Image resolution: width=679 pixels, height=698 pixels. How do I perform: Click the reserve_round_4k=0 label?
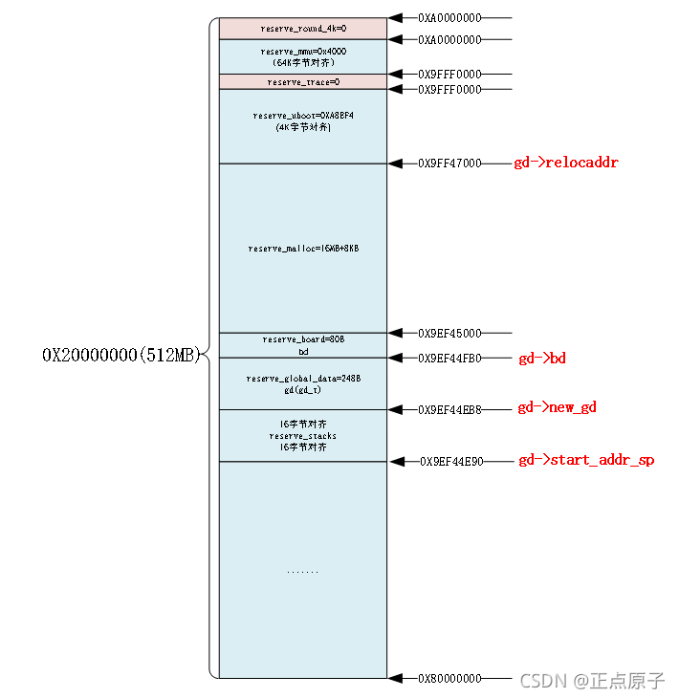(303, 29)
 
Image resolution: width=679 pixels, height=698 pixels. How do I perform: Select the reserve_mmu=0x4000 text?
(303, 51)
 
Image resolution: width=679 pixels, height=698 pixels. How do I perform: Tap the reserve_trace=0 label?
(303, 82)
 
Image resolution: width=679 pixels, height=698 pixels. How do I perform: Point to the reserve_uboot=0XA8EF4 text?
(303, 116)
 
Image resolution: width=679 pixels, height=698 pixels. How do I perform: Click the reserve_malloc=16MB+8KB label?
(303, 249)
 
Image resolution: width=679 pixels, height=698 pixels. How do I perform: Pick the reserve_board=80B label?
(303, 339)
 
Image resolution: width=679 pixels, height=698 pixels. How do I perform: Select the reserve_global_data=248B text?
(303, 379)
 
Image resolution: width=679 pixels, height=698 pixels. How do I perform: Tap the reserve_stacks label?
(303, 436)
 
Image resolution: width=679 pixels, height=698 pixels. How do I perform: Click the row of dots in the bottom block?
(302, 571)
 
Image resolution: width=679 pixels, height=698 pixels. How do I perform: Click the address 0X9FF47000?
(449, 164)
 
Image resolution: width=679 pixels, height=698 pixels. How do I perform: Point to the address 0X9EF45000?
(449, 334)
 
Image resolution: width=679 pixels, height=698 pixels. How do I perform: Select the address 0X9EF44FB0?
(449, 359)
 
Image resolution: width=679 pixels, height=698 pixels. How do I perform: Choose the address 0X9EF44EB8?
(449, 409)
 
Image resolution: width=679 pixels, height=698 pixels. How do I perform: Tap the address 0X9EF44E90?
(451, 461)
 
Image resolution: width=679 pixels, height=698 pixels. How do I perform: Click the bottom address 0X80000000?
(449, 679)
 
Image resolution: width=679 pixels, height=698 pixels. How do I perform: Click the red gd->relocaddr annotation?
(566, 163)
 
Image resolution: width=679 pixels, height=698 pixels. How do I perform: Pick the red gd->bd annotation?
(542, 359)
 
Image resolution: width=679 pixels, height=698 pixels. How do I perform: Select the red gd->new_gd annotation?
(557, 408)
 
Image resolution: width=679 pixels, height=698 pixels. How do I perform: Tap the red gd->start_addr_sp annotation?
(586, 460)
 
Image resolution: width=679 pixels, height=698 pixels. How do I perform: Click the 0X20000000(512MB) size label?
(121, 355)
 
